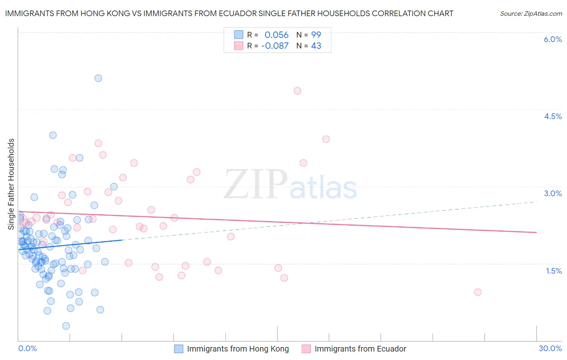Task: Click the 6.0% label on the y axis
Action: [x=552, y=39]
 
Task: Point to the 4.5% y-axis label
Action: [x=552, y=116]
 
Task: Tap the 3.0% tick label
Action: [x=552, y=193]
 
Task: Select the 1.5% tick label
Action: [x=554, y=271]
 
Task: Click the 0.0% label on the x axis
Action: [x=27, y=348]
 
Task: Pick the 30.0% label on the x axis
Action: [x=550, y=348]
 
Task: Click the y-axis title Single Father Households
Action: [x=11, y=184]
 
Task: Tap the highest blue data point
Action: [x=98, y=78]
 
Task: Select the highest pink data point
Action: [x=297, y=91]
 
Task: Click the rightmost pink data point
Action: [x=478, y=292]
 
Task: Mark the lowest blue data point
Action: [x=66, y=326]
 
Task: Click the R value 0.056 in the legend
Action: [x=277, y=35]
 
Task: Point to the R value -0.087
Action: [x=275, y=46]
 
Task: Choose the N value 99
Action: [x=316, y=35]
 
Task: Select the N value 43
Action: [x=316, y=46]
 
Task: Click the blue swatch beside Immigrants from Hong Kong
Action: [x=179, y=349]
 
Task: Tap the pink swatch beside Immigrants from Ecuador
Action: [x=306, y=349]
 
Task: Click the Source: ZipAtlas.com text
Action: [x=531, y=14]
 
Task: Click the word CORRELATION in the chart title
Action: [x=397, y=14]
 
